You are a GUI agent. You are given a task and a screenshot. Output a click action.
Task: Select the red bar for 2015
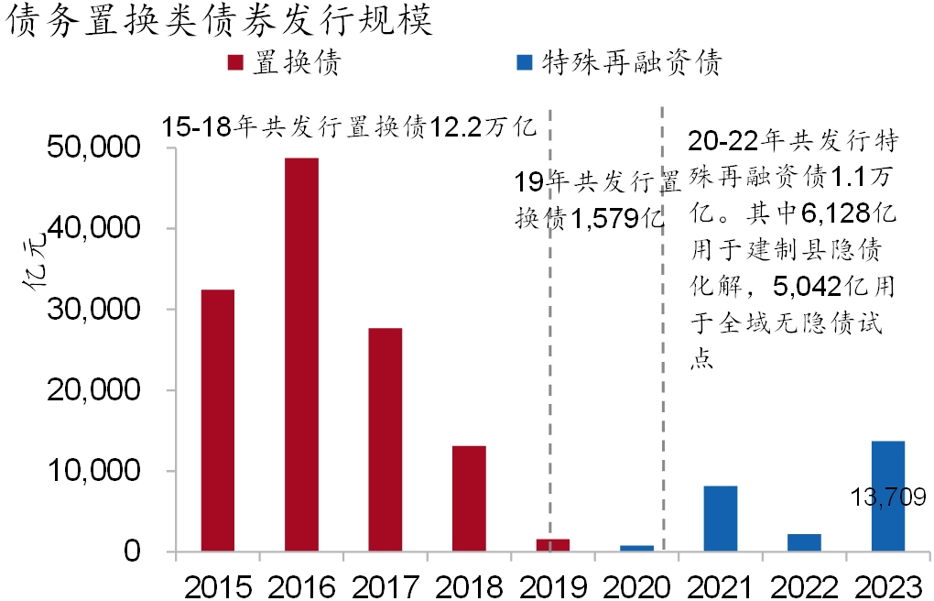[218, 421]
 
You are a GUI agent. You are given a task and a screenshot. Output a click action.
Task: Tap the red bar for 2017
[386, 440]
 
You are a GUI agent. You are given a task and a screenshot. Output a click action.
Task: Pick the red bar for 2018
[469, 498]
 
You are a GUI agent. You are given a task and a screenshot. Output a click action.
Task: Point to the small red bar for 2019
[552, 545]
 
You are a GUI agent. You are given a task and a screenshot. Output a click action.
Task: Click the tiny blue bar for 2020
[636, 548]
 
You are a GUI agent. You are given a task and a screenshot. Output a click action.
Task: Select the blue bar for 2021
[720, 519]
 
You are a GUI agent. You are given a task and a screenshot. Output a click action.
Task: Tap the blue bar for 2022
[804, 542]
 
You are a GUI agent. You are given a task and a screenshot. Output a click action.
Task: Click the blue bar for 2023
[887, 496]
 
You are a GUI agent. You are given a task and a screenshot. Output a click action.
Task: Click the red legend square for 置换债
[235, 63]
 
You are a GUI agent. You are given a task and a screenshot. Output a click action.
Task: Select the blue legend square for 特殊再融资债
[524, 63]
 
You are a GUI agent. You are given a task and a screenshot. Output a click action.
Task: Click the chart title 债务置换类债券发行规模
[218, 20]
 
